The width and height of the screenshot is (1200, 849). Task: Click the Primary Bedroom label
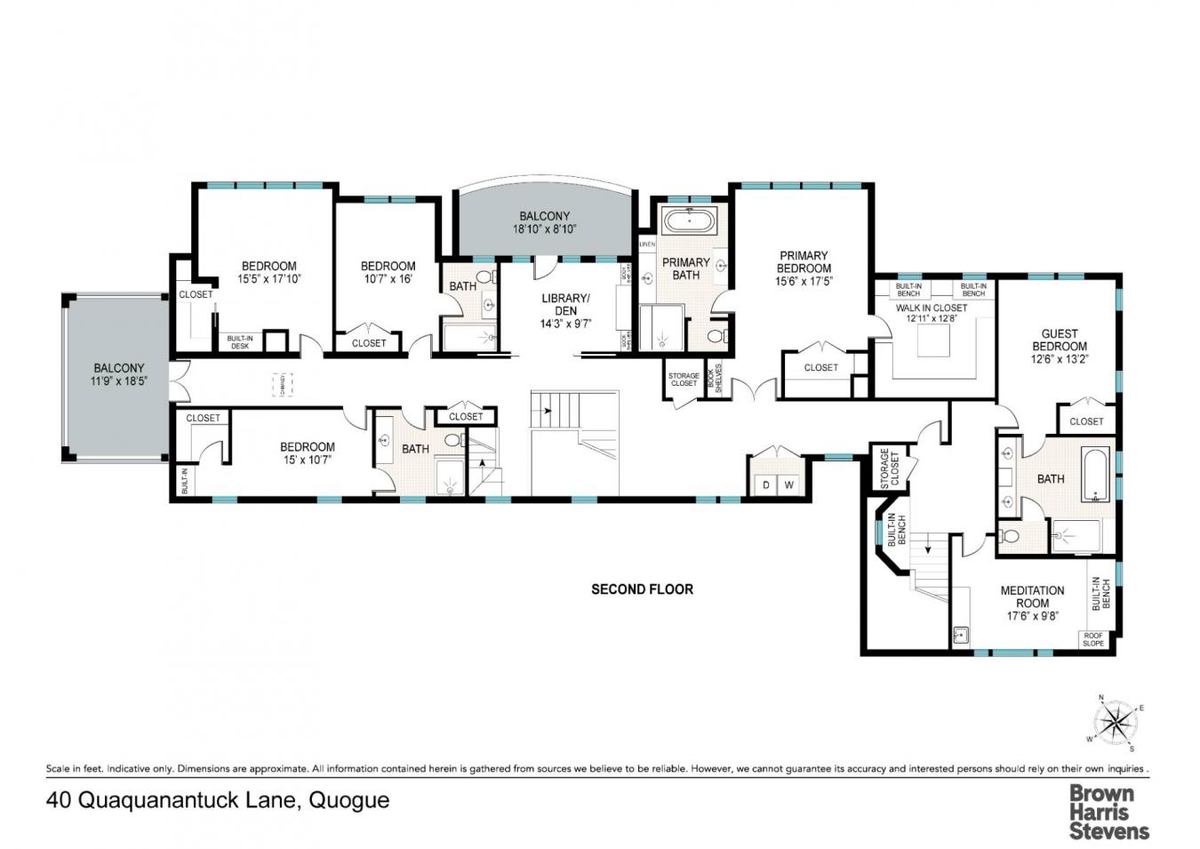(x=804, y=262)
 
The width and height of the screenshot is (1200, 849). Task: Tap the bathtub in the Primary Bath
(x=689, y=220)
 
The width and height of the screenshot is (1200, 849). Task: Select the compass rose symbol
(x=1115, y=721)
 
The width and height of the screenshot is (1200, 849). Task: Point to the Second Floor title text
(x=642, y=589)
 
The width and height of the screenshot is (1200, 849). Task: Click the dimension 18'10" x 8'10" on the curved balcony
(x=544, y=229)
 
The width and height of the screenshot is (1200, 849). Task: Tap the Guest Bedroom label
(x=1060, y=340)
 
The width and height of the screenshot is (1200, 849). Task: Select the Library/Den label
(x=565, y=305)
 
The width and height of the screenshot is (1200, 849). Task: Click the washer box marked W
(x=788, y=485)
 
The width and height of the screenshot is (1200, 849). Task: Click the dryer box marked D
(x=765, y=485)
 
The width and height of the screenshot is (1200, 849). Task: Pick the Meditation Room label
(x=1032, y=597)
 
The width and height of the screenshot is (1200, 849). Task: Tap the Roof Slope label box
(x=1093, y=639)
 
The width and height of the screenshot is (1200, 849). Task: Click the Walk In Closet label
(x=931, y=308)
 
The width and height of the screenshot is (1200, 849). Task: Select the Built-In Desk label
(x=239, y=342)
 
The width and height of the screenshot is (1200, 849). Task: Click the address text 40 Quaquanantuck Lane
(x=218, y=800)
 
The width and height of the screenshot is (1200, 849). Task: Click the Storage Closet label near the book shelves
(x=684, y=380)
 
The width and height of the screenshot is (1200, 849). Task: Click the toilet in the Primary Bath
(x=717, y=336)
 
